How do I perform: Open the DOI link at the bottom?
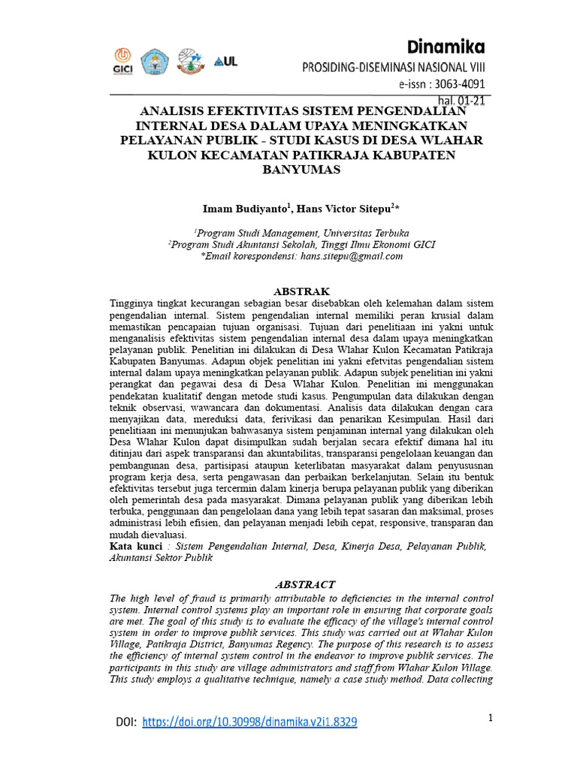249,722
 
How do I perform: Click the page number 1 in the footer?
490,718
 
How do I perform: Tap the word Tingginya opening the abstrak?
134,303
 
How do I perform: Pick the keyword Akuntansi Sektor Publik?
161,557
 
